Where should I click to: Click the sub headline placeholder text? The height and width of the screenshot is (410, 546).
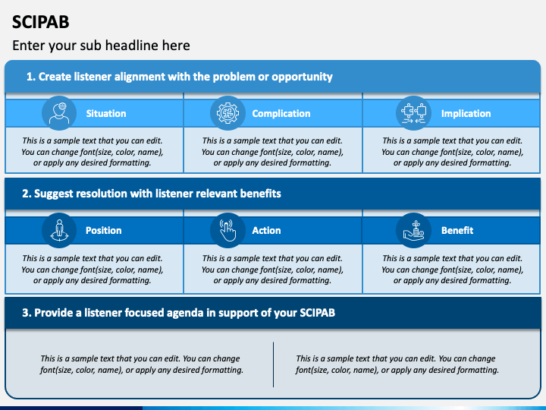101,46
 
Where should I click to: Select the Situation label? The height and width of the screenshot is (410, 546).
106,113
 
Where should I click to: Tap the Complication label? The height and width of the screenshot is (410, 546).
281,113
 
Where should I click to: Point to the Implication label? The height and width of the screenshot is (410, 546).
466,113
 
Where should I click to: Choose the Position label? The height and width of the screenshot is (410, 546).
104,230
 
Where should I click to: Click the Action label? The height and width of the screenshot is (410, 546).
266,230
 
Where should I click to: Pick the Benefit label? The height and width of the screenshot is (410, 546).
457,230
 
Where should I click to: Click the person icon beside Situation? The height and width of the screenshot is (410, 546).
59,113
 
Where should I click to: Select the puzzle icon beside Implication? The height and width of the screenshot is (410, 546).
413,113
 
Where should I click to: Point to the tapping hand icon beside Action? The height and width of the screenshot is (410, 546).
227,230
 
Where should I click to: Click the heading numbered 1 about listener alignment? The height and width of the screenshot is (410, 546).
179,77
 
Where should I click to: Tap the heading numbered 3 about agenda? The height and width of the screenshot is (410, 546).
179,312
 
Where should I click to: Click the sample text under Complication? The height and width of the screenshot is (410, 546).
272,151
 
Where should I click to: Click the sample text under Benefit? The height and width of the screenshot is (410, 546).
452,269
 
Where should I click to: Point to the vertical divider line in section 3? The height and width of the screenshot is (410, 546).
273,364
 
